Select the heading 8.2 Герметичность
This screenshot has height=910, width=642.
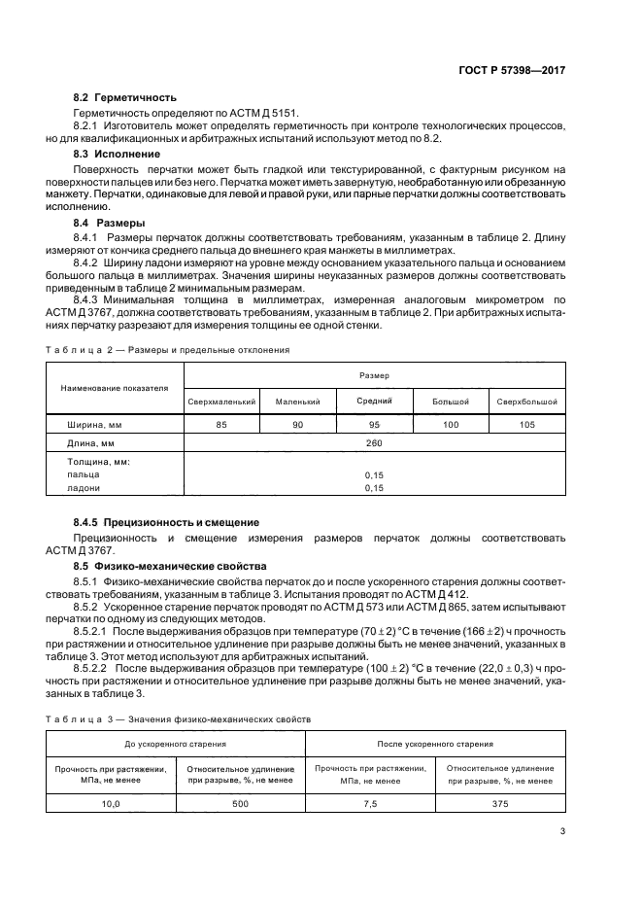pos(124,98)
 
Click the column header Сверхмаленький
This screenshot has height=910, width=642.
pos(221,401)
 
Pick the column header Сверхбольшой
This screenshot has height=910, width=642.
pos(526,401)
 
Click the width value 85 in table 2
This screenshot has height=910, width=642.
pos(221,424)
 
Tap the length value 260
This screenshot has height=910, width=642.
pos(374,443)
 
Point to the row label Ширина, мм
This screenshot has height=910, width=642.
pos(94,424)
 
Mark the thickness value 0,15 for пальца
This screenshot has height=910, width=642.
pos(374,474)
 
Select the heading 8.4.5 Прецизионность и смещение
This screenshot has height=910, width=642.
pos(167,522)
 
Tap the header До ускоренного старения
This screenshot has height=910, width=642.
pos(176,744)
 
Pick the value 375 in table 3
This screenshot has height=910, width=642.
pos(501,803)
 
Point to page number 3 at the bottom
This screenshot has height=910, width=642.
pos(562,830)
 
